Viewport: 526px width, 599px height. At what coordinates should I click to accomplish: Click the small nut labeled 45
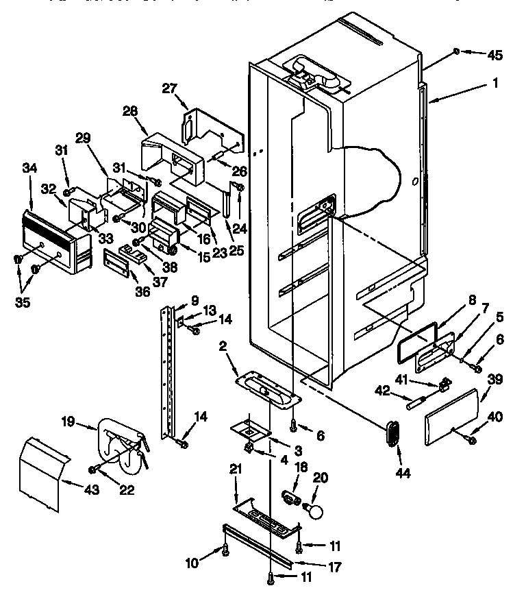456,51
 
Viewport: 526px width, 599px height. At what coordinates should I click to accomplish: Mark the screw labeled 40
472,439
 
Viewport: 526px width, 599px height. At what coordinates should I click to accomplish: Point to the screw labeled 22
92,469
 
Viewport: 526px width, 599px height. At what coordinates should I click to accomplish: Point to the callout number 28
129,112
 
